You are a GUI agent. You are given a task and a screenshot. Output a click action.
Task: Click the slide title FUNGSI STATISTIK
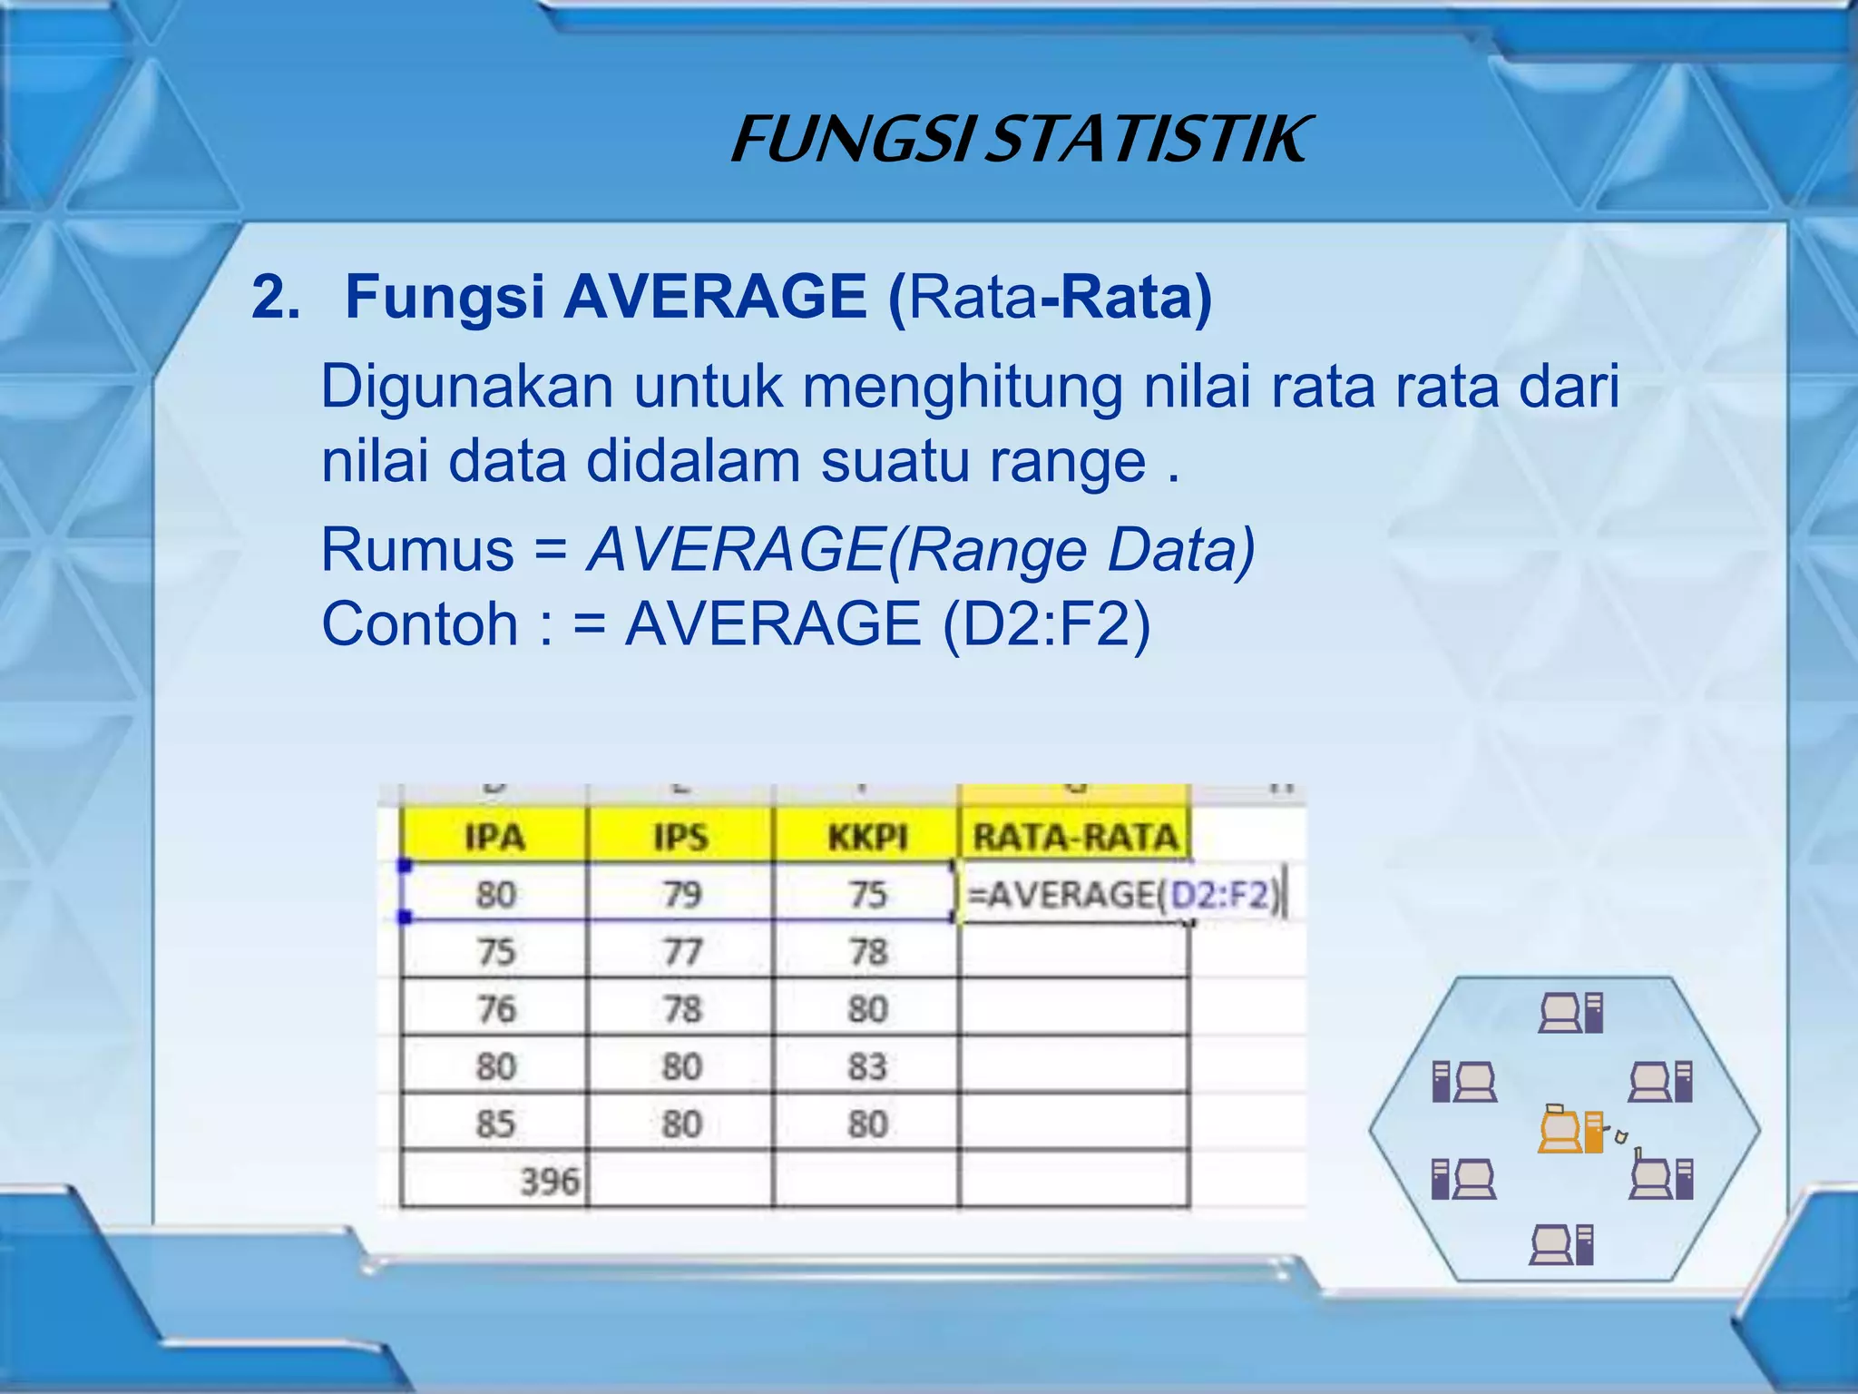(1020, 140)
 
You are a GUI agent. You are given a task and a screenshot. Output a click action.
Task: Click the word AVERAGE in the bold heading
(715, 297)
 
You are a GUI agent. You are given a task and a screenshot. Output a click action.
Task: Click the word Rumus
(417, 550)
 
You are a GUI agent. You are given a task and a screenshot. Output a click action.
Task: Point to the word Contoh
(419, 624)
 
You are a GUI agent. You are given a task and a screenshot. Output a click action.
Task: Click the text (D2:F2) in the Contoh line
(1046, 624)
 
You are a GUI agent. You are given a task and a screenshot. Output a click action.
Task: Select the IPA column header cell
(494, 837)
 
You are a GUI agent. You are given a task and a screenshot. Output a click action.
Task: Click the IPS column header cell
(680, 837)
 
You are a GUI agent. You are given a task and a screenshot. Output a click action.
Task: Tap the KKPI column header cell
(866, 837)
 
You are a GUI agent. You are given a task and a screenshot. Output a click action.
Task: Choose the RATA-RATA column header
(1074, 837)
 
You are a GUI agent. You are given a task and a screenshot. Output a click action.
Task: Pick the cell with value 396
(548, 1181)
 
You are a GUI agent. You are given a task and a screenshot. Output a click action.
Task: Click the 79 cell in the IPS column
(681, 895)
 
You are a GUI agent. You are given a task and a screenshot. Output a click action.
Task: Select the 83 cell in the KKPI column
(866, 1066)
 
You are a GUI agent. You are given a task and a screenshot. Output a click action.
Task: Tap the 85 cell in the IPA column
(495, 1124)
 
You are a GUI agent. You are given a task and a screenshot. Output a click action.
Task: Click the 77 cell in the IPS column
(681, 952)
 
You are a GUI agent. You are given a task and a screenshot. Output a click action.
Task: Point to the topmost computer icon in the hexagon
(1570, 1013)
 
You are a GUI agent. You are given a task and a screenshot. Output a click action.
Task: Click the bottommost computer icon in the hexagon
(1561, 1244)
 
